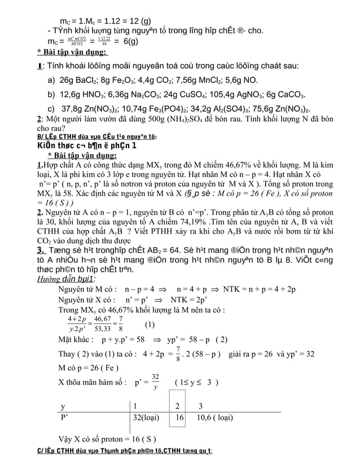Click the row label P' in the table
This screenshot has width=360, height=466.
pyautogui.click(x=65, y=418)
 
